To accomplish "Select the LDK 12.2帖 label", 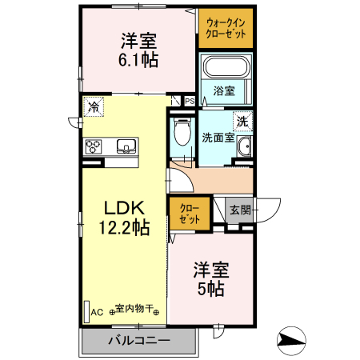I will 124,217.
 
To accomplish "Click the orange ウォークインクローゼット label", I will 226,29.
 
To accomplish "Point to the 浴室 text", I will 224,91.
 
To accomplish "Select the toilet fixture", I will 182,131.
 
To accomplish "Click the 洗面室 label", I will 217,137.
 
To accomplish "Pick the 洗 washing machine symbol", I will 242,122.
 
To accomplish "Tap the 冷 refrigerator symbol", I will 94,106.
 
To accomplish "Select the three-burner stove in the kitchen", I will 94,146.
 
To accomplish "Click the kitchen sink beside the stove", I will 126,146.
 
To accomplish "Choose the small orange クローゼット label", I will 188,213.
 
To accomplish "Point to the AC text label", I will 98,311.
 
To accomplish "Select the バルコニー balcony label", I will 138,341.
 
